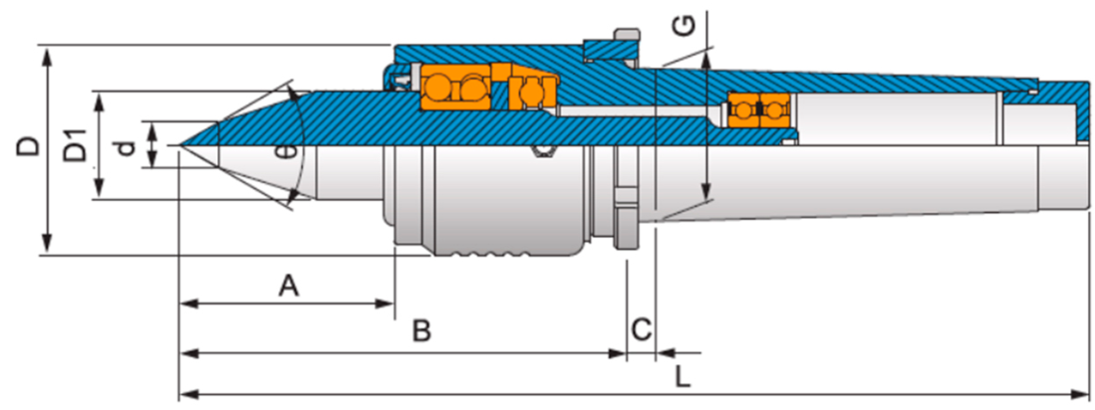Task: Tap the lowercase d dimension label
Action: click(x=124, y=146)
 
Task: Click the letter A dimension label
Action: click(x=288, y=287)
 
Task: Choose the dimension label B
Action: click(x=421, y=331)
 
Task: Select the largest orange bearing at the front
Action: click(x=454, y=87)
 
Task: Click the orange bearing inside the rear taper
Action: click(x=756, y=107)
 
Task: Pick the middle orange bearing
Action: click(x=534, y=92)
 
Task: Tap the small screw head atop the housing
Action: click(x=626, y=36)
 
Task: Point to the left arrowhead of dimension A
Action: click(x=186, y=304)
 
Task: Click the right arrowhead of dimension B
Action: click(x=619, y=351)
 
